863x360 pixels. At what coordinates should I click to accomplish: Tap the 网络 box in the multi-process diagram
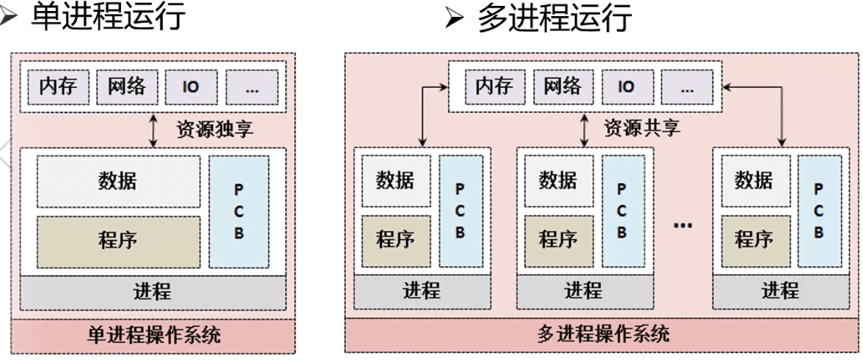pyautogui.click(x=562, y=87)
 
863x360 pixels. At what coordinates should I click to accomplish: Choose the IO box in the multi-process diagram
pyautogui.click(x=626, y=87)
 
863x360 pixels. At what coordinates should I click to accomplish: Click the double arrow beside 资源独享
pyautogui.click(x=153, y=130)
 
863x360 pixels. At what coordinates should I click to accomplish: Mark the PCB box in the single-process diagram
pyautogui.click(x=238, y=211)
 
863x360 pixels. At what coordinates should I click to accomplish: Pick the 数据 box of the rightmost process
pyautogui.click(x=753, y=180)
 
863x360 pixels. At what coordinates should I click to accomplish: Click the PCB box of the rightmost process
pyautogui.click(x=818, y=211)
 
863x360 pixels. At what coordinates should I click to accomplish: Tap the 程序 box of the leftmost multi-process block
pyautogui.click(x=395, y=240)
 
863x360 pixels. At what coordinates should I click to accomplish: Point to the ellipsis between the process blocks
pyautogui.click(x=683, y=224)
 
